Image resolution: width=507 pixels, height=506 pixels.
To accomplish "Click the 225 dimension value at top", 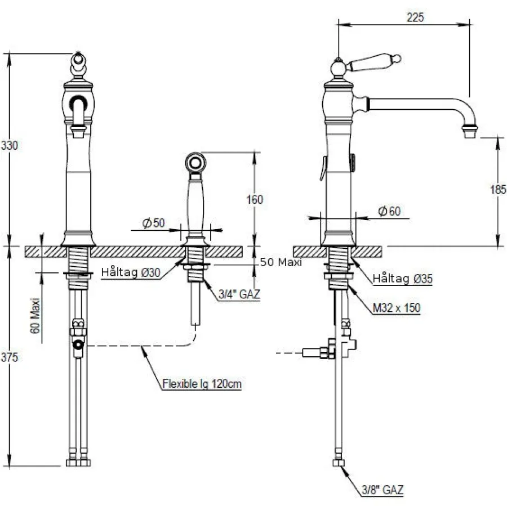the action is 415,17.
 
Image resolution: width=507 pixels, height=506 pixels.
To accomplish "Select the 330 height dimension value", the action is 10,145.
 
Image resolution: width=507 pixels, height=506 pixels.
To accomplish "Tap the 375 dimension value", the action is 10,357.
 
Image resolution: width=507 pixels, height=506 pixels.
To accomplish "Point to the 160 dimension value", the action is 255,199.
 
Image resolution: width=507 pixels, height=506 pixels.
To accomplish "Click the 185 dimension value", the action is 499,189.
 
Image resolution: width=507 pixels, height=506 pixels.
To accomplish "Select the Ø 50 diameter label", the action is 154,223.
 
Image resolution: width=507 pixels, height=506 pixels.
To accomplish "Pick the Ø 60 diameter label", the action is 389,211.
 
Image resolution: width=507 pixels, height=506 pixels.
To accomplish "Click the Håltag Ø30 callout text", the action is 131,272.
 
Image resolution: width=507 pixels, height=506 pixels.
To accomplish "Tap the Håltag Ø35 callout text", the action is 403,278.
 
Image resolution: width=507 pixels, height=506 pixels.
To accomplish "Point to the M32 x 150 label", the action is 397,308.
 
